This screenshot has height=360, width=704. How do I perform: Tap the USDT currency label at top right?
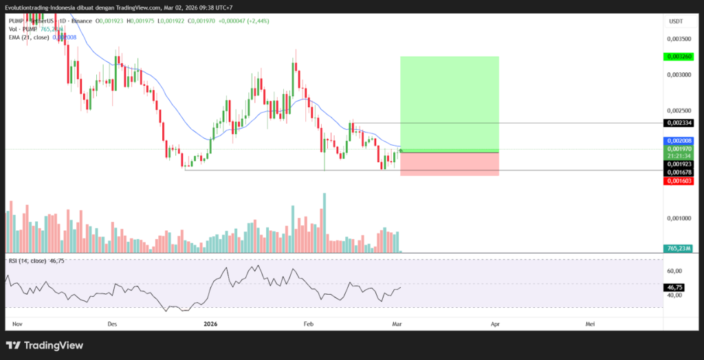pos(676,21)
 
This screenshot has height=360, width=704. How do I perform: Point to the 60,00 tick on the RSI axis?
pos(676,271)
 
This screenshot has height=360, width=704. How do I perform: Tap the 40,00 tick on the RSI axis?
pos(676,295)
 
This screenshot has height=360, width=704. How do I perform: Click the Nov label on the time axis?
pos(18,322)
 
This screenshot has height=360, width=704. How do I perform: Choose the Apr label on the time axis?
pos(495,322)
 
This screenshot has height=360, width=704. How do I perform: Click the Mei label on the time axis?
pos(590,322)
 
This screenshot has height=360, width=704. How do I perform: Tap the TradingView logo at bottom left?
pos(45,346)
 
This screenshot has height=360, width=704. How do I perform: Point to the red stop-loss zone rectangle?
pos(449,164)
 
